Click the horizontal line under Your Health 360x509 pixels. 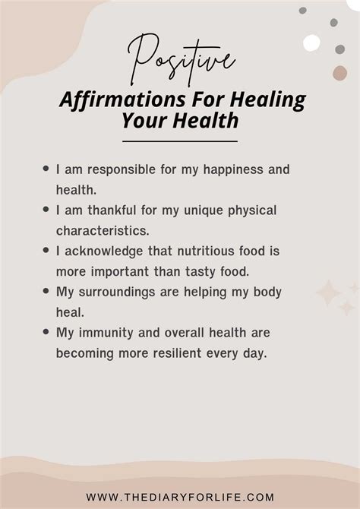pos(180,141)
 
